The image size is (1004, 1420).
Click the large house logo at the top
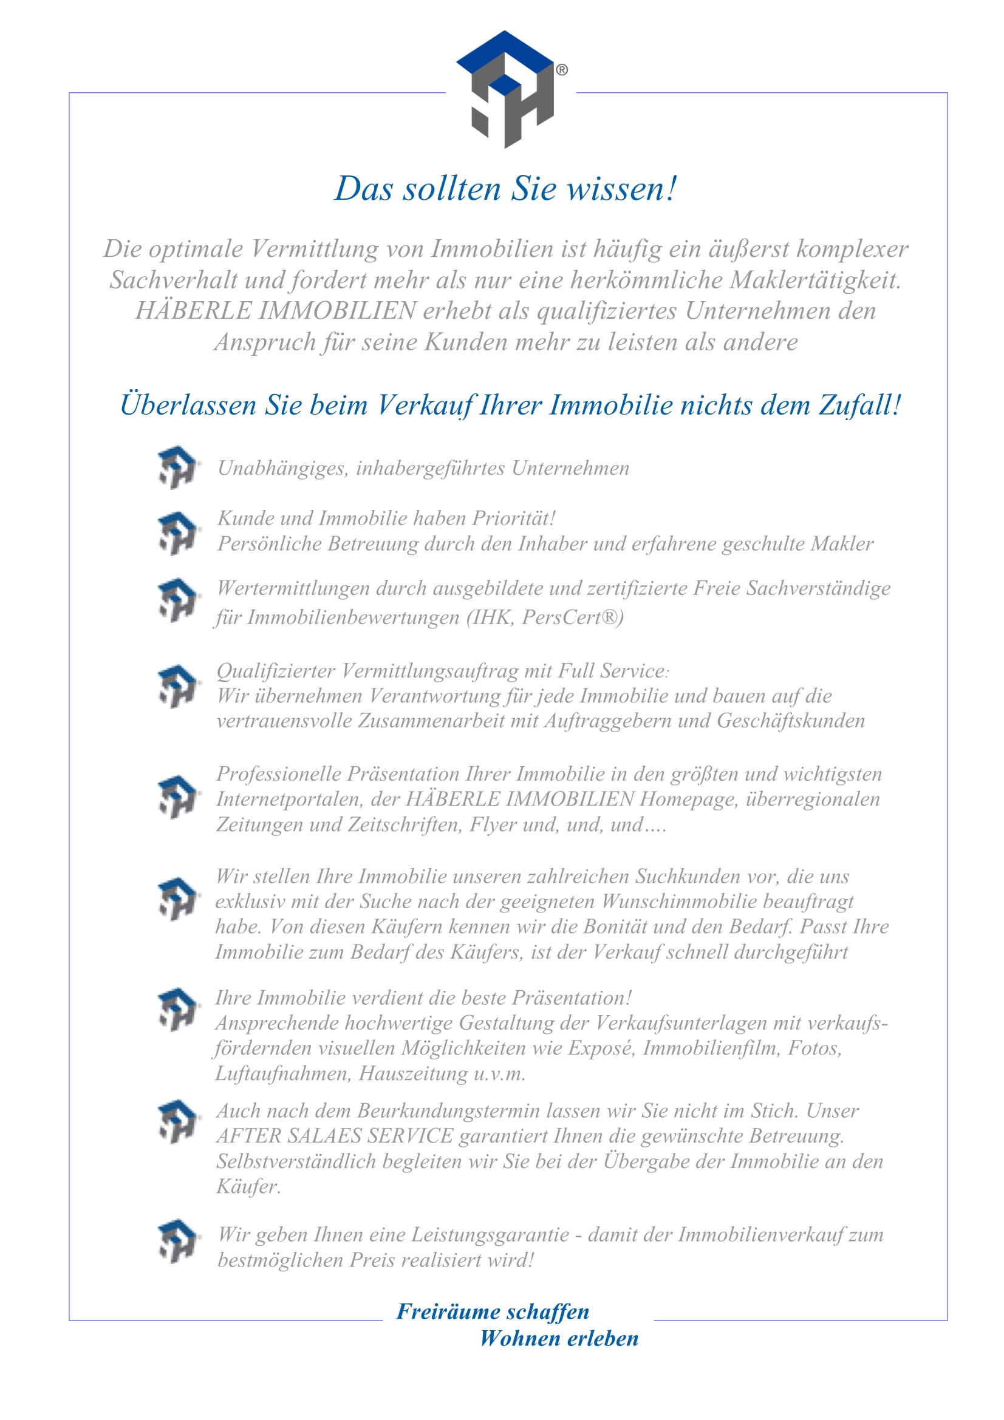click(x=505, y=89)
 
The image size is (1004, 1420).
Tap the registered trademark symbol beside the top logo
click(x=562, y=70)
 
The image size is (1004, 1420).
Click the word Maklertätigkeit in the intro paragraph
click(x=815, y=280)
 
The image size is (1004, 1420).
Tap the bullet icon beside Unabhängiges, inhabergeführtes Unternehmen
click(x=177, y=467)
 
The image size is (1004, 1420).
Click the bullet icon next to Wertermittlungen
click(x=177, y=600)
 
